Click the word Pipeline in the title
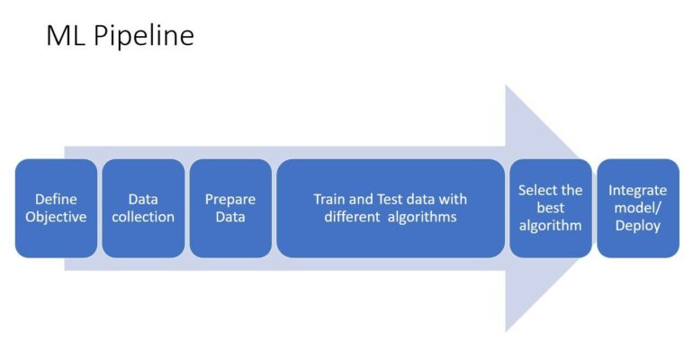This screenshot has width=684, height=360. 143,36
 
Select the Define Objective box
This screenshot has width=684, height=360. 57,208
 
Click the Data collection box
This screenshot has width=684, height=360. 143,208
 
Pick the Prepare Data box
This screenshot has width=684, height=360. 230,208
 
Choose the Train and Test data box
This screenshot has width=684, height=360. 391,208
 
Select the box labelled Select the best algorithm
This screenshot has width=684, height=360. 551,208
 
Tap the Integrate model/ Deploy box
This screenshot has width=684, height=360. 638,208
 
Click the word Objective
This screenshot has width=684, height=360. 56,217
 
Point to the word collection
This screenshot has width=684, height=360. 143,217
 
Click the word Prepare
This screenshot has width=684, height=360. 230,200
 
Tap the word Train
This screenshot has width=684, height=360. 329,199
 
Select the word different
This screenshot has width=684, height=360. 352,217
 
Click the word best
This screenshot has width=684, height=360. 551,208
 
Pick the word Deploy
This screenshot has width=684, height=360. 638,226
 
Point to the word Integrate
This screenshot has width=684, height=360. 638,191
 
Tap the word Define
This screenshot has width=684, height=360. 56,199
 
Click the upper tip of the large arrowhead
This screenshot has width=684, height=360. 506,85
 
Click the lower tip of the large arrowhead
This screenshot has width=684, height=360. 506,332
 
